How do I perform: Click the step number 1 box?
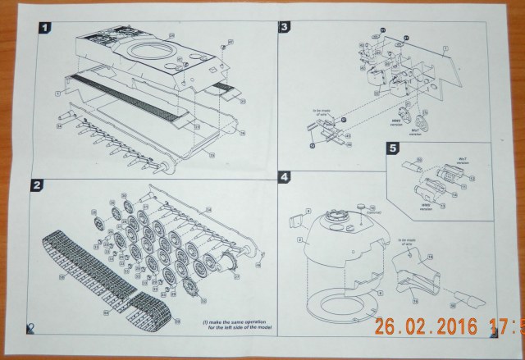click(43, 27)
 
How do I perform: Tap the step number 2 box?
click(38, 185)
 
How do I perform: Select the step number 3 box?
click(284, 27)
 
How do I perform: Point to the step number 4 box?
click(284, 176)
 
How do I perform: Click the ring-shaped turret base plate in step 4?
click(336, 304)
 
